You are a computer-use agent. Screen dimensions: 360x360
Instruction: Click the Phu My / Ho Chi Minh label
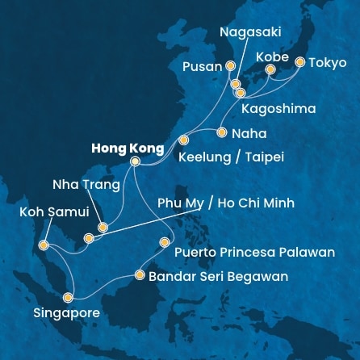[225, 202]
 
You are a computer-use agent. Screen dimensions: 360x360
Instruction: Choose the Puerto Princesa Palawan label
[254, 253]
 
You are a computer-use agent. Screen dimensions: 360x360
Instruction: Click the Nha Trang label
[86, 186]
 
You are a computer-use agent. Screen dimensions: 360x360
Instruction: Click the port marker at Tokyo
[300, 61]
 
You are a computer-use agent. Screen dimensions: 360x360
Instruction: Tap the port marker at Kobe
[270, 69]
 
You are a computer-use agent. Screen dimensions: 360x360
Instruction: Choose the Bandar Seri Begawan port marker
[140, 276]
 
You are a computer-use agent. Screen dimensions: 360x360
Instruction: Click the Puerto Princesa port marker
[165, 241]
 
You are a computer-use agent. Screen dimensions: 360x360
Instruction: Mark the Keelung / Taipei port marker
[183, 139]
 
